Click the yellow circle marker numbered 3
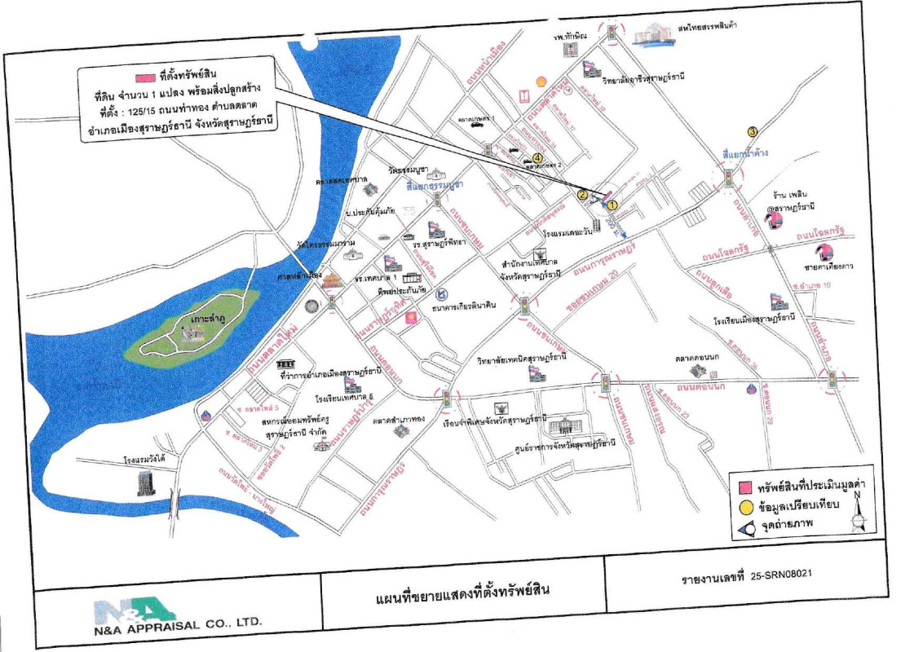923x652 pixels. click(753, 131)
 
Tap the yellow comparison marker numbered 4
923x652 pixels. click(537, 158)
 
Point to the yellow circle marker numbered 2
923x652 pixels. click(582, 195)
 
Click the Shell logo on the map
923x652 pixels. click(539, 81)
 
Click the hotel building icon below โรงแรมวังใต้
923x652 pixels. click(145, 482)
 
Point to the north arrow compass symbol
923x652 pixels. click(858, 513)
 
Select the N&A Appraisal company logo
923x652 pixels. click(135, 611)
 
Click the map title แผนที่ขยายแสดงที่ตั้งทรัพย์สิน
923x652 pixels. click(462, 589)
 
